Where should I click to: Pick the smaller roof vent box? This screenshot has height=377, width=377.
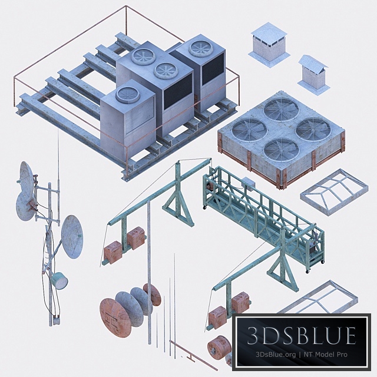313,73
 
